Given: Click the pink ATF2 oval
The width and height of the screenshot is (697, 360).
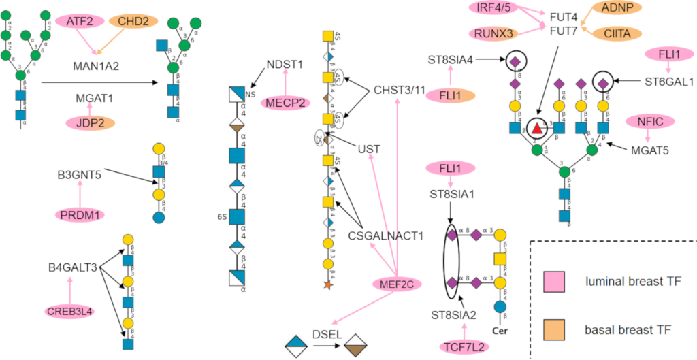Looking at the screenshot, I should [x=80, y=22].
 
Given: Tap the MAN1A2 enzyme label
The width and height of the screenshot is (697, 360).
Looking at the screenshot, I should [x=97, y=66].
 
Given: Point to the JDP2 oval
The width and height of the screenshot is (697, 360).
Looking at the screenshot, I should [x=90, y=122].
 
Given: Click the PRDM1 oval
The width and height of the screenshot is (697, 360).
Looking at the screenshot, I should [x=80, y=214].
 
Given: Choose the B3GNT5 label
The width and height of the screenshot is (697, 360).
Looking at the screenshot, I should [x=80, y=175].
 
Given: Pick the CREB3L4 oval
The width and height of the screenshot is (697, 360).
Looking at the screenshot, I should [x=69, y=311].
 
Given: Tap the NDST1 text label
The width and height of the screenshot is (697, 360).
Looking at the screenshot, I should [x=285, y=65].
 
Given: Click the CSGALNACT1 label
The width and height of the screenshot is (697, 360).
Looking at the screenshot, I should [x=385, y=236].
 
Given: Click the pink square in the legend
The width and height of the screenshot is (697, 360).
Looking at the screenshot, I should [x=553, y=281].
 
